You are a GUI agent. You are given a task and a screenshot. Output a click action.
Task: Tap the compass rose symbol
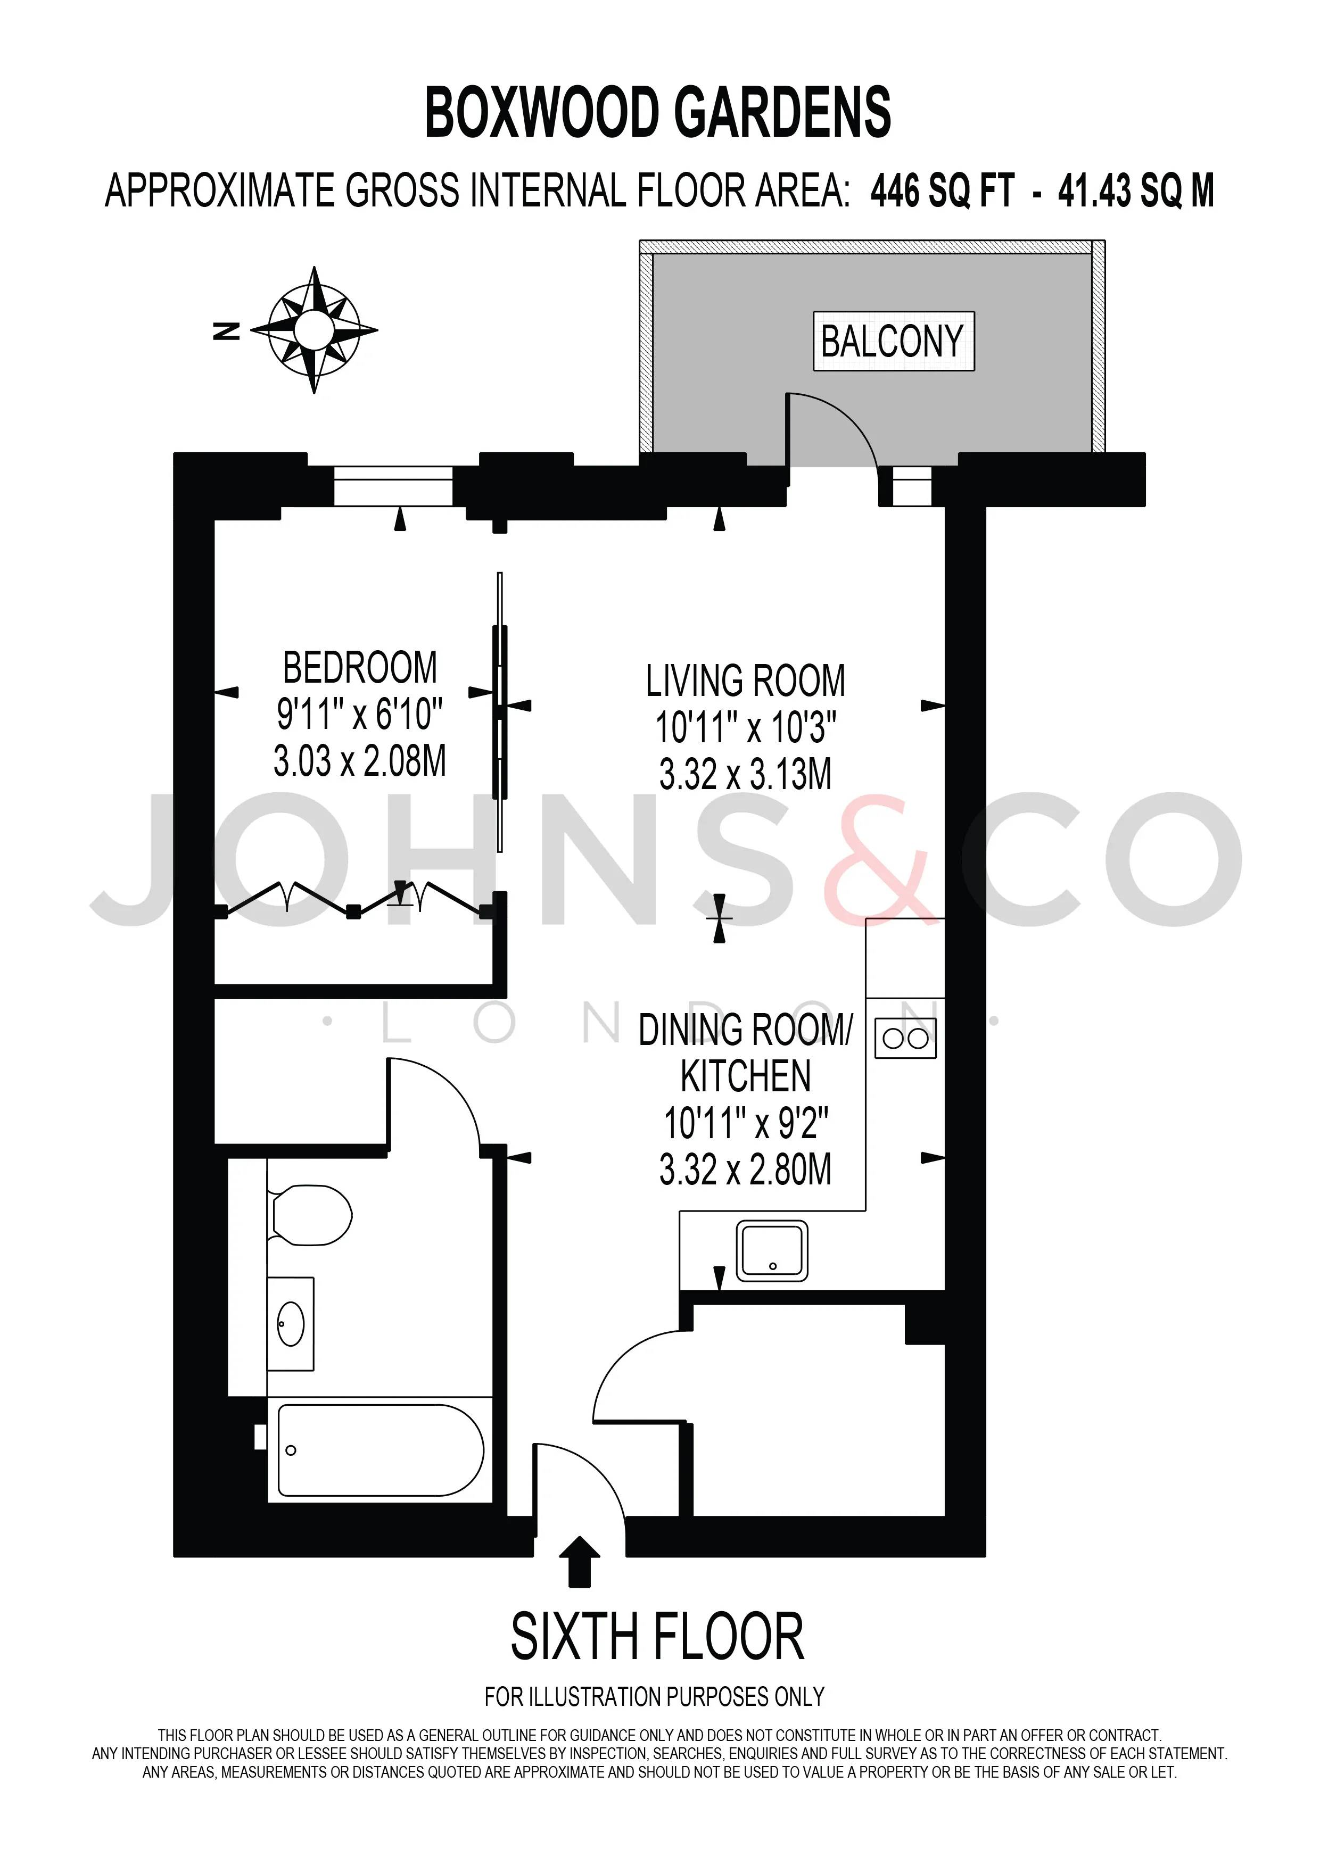point(313,330)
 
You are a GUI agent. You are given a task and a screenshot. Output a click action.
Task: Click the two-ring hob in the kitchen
point(905,1038)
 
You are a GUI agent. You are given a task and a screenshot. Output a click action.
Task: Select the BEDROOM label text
point(360,668)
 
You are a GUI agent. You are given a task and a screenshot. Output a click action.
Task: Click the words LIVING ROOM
point(745,681)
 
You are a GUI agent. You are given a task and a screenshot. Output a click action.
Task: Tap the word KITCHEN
point(745,1077)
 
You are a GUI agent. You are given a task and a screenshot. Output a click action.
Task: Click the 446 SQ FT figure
point(943,192)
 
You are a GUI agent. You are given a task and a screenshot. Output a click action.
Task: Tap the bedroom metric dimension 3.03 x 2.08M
point(360,761)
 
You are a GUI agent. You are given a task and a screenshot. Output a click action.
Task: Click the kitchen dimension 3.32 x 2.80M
point(745,1171)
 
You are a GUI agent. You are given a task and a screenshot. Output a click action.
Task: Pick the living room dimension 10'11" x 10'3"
point(745,727)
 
